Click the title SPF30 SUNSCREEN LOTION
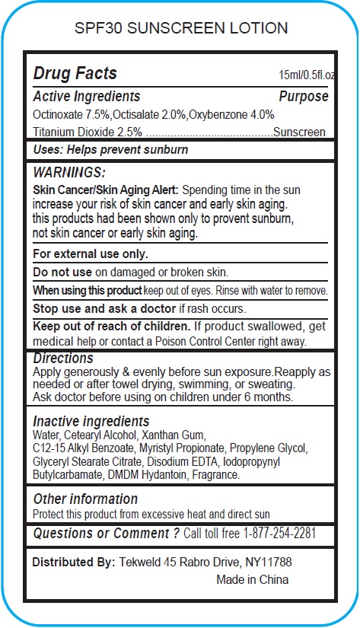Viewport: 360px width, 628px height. tap(180, 29)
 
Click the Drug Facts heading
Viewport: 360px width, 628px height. tap(75, 74)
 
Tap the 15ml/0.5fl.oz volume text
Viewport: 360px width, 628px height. tap(307, 75)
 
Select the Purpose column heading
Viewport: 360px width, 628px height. tap(303, 97)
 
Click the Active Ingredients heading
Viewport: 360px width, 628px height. tap(86, 97)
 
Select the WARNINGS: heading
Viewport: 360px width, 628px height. tap(69, 173)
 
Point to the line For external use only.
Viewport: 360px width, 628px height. tap(91, 254)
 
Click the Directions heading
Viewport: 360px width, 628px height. tap(63, 358)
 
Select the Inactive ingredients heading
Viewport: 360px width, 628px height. tap(91, 422)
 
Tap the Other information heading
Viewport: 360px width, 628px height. tap(85, 499)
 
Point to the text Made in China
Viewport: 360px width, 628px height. tap(253, 579)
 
